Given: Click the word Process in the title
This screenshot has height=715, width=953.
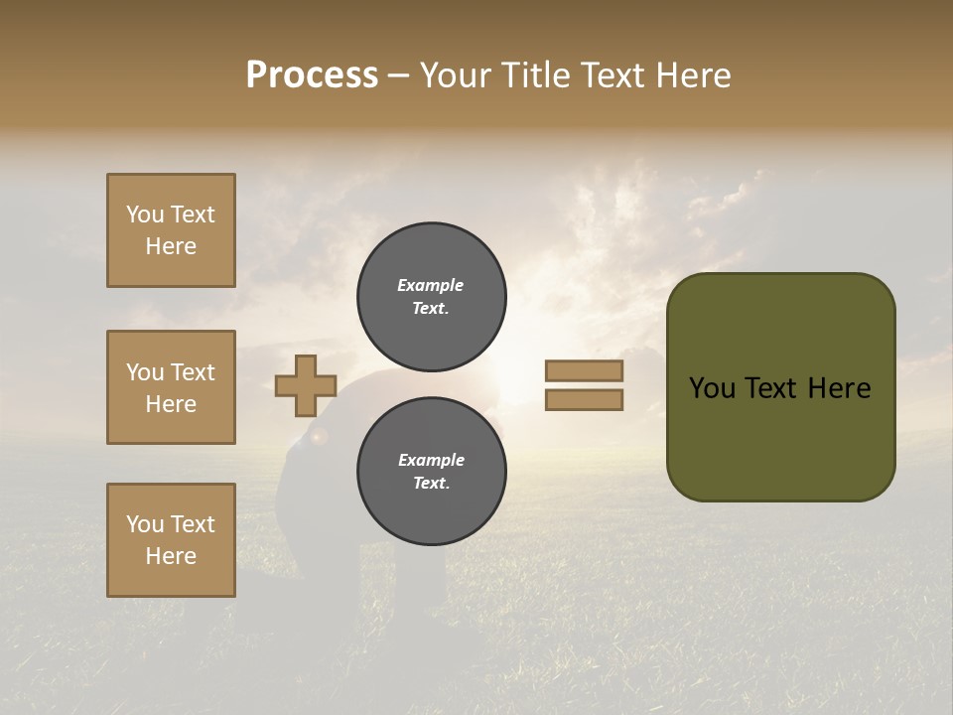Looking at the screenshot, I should [x=312, y=75].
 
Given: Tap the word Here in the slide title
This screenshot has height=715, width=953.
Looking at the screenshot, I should [x=692, y=75].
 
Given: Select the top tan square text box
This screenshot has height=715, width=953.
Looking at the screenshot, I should [x=171, y=230].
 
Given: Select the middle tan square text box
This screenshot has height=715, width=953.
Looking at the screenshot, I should [x=171, y=387].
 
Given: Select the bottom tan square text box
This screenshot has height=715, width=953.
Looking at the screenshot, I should [x=171, y=540].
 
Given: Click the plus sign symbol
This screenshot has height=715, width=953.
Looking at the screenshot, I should [x=306, y=386].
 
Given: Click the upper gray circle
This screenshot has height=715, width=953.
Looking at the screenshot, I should [x=432, y=297].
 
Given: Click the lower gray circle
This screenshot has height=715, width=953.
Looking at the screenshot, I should [x=432, y=472].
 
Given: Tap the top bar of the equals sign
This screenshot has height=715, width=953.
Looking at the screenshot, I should [x=584, y=371].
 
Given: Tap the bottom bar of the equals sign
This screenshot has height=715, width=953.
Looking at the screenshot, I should [x=584, y=400].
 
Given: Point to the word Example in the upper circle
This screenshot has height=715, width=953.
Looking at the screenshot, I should [x=430, y=285].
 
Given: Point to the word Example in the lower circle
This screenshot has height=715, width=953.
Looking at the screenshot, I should [x=431, y=460].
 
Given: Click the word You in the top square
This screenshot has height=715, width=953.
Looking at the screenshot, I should [x=144, y=214].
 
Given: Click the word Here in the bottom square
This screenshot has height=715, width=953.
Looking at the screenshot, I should [x=171, y=556].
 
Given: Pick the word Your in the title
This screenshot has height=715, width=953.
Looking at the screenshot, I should [x=454, y=75].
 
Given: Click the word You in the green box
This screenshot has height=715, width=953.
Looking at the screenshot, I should [x=712, y=388].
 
